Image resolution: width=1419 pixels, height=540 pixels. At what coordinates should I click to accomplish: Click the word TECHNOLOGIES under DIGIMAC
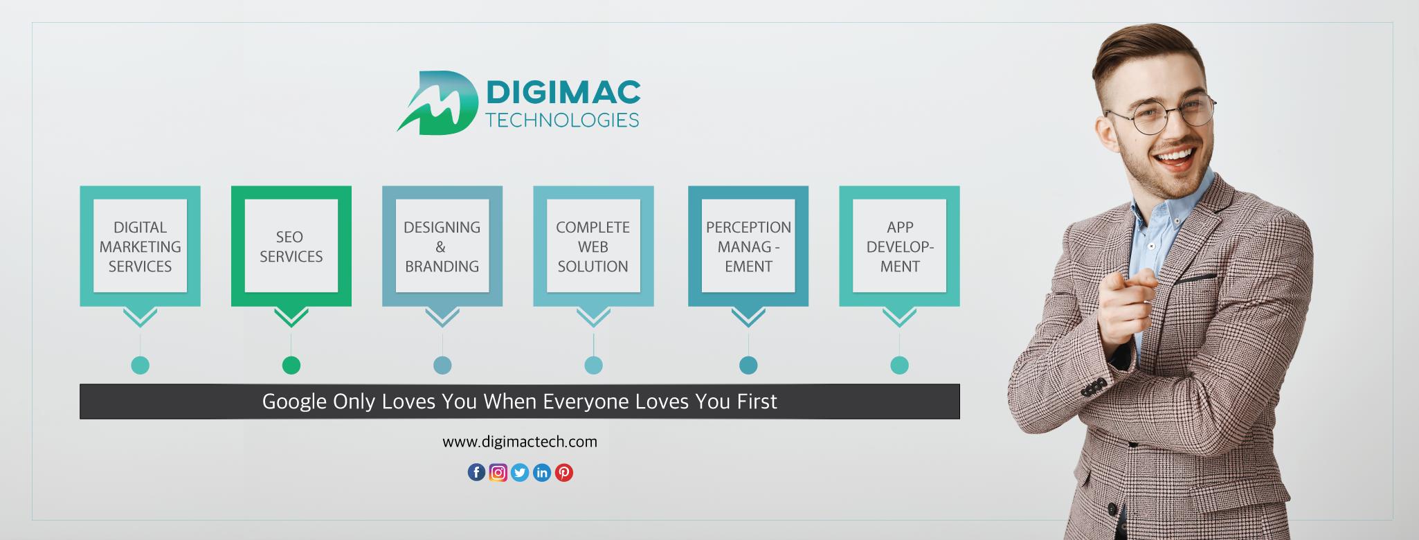pyautogui.click(x=563, y=120)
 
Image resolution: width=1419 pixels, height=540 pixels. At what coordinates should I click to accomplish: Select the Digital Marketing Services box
pyautogui.click(x=140, y=246)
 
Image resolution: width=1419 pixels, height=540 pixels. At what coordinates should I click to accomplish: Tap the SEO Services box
pyautogui.click(x=291, y=246)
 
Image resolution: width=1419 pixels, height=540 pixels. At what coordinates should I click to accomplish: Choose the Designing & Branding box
pyautogui.click(x=442, y=246)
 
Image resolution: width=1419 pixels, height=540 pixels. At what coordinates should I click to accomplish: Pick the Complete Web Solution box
pyautogui.click(x=593, y=246)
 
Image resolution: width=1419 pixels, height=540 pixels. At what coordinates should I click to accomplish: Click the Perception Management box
pyautogui.click(x=748, y=246)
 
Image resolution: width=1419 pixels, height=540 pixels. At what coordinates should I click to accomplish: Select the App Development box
pyautogui.click(x=899, y=246)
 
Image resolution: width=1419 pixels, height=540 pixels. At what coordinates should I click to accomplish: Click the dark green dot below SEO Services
pyautogui.click(x=291, y=365)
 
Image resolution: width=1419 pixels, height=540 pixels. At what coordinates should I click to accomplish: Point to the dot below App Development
pyautogui.click(x=899, y=365)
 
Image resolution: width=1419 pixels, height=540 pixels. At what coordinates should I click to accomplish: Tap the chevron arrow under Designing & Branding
pyautogui.click(x=442, y=317)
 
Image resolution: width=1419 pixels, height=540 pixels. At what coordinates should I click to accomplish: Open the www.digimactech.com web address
pyautogui.click(x=520, y=442)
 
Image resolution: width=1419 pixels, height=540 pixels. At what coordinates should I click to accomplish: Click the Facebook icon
pyautogui.click(x=476, y=472)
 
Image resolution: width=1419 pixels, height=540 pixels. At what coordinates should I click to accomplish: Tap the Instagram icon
pyautogui.click(x=498, y=472)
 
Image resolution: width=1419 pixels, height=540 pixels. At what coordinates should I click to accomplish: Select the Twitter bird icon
pyautogui.click(x=520, y=472)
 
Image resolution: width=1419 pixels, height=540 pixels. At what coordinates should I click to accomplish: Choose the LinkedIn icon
pyautogui.click(x=542, y=472)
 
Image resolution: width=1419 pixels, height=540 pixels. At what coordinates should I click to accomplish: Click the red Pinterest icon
pyautogui.click(x=564, y=472)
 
